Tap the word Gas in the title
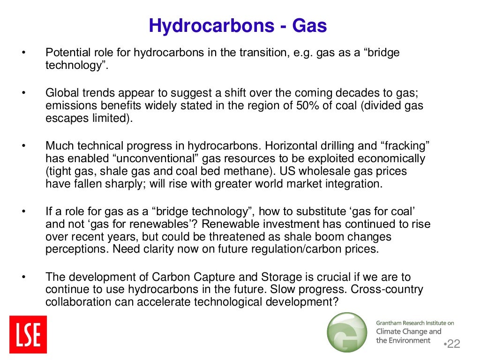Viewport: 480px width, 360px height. click(309, 26)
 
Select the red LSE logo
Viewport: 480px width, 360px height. click(28, 334)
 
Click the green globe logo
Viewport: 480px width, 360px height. click(347, 332)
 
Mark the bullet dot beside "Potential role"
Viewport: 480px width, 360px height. click(22, 52)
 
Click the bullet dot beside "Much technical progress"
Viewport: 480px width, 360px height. click(22, 145)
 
